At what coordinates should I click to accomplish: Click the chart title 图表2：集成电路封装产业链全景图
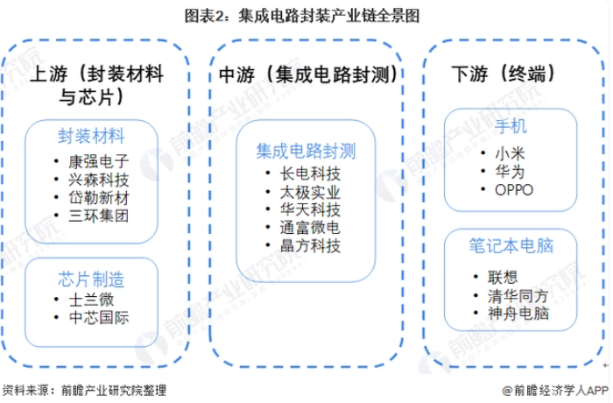[302, 16]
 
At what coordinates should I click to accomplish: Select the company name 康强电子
[98, 161]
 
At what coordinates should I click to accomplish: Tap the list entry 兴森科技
[98, 180]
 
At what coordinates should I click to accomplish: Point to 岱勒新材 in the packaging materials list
[98, 198]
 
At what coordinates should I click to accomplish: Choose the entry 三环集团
[98, 216]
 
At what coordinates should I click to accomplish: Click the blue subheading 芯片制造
[91, 279]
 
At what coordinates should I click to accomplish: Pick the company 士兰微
[91, 300]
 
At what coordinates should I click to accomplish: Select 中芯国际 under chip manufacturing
[98, 317]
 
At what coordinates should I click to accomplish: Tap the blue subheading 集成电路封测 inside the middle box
[306, 151]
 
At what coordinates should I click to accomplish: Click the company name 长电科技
[310, 173]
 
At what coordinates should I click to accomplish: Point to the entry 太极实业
[310, 192]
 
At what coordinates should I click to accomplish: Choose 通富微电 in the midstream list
[310, 228]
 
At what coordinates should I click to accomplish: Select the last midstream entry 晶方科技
[310, 245]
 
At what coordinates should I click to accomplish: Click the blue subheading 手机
[511, 126]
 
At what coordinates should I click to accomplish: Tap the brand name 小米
[510, 154]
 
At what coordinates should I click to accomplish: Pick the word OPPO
[514, 190]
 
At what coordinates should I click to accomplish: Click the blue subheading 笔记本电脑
[511, 245]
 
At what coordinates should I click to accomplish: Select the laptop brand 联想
[503, 278]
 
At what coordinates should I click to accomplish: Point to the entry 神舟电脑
[518, 314]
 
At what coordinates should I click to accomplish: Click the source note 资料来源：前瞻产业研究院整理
[84, 390]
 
